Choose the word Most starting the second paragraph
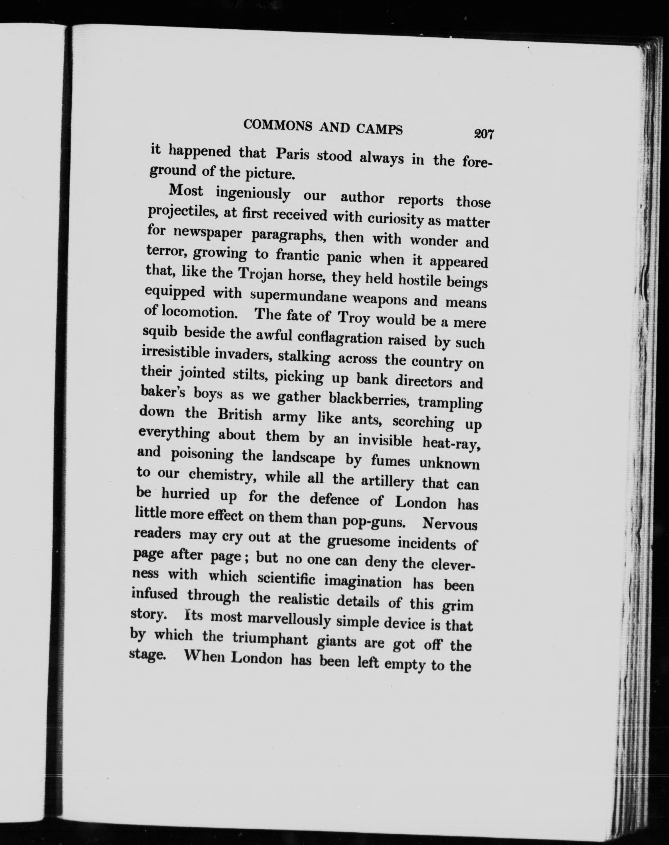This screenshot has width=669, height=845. coord(185,191)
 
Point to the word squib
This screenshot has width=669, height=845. coord(161,332)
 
